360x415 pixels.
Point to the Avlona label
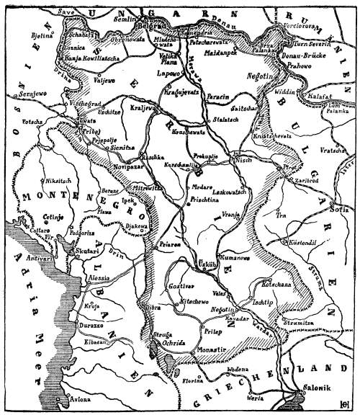(82, 397)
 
